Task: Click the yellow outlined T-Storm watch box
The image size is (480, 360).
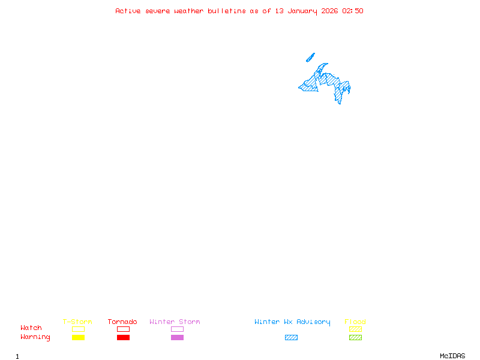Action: click(x=78, y=329)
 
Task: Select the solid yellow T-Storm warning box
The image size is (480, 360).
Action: click(x=78, y=337)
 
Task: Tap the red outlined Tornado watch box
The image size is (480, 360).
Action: click(x=123, y=329)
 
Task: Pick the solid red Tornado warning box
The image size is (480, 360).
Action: click(x=123, y=337)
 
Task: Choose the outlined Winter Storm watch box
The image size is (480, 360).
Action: click(x=177, y=329)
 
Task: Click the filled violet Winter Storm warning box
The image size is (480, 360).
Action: click(x=177, y=337)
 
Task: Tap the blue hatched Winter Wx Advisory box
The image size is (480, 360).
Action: click(x=291, y=337)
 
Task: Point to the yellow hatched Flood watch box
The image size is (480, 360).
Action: click(x=355, y=329)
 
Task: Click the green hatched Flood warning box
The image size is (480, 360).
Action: click(x=355, y=337)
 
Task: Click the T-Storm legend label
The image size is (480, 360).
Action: click(x=77, y=322)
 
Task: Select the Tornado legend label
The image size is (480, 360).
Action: click(x=122, y=322)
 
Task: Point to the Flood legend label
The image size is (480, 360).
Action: click(x=355, y=322)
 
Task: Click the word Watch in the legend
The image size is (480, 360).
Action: click(x=31, y=328)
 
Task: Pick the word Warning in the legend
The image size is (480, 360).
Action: click(x=35, y=337)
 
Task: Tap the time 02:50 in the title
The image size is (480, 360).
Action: click(x=353, y=11)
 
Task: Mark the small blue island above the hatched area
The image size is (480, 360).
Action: click(x=310, y=58)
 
